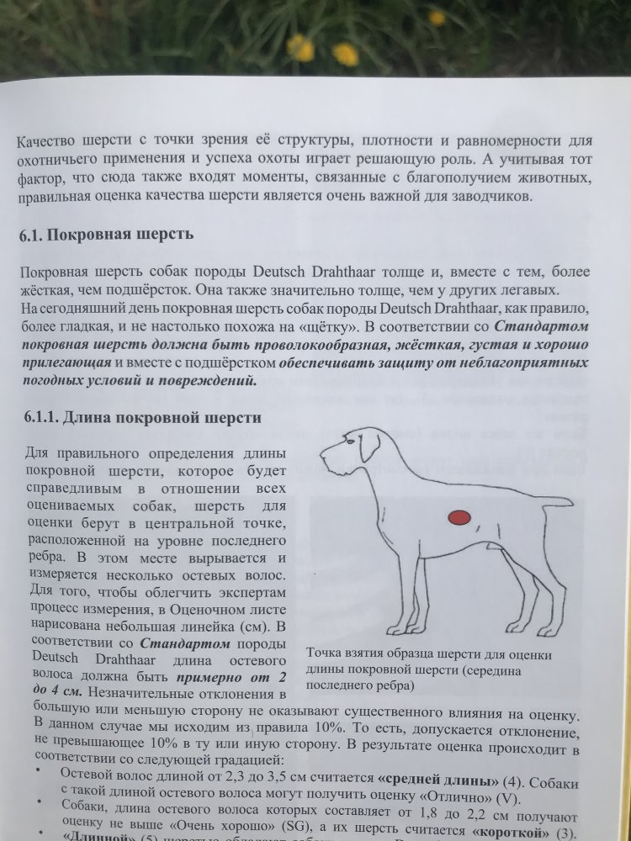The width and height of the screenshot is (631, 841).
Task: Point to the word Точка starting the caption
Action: coord(326,653)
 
